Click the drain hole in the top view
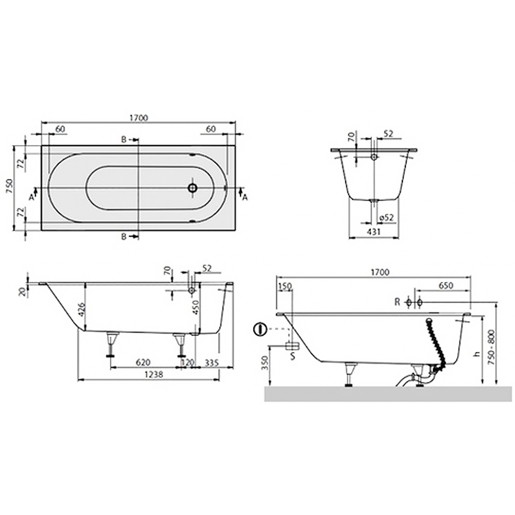tap(193, 188)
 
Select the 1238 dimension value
tap(153, 374)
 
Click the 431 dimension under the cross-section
tap(374, 232)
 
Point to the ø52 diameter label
tap(386, 217)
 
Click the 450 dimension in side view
tap(196, 307)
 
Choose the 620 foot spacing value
tap(143, 362)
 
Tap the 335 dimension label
tap(212, 362)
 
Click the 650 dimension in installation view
tap(445, 286)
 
